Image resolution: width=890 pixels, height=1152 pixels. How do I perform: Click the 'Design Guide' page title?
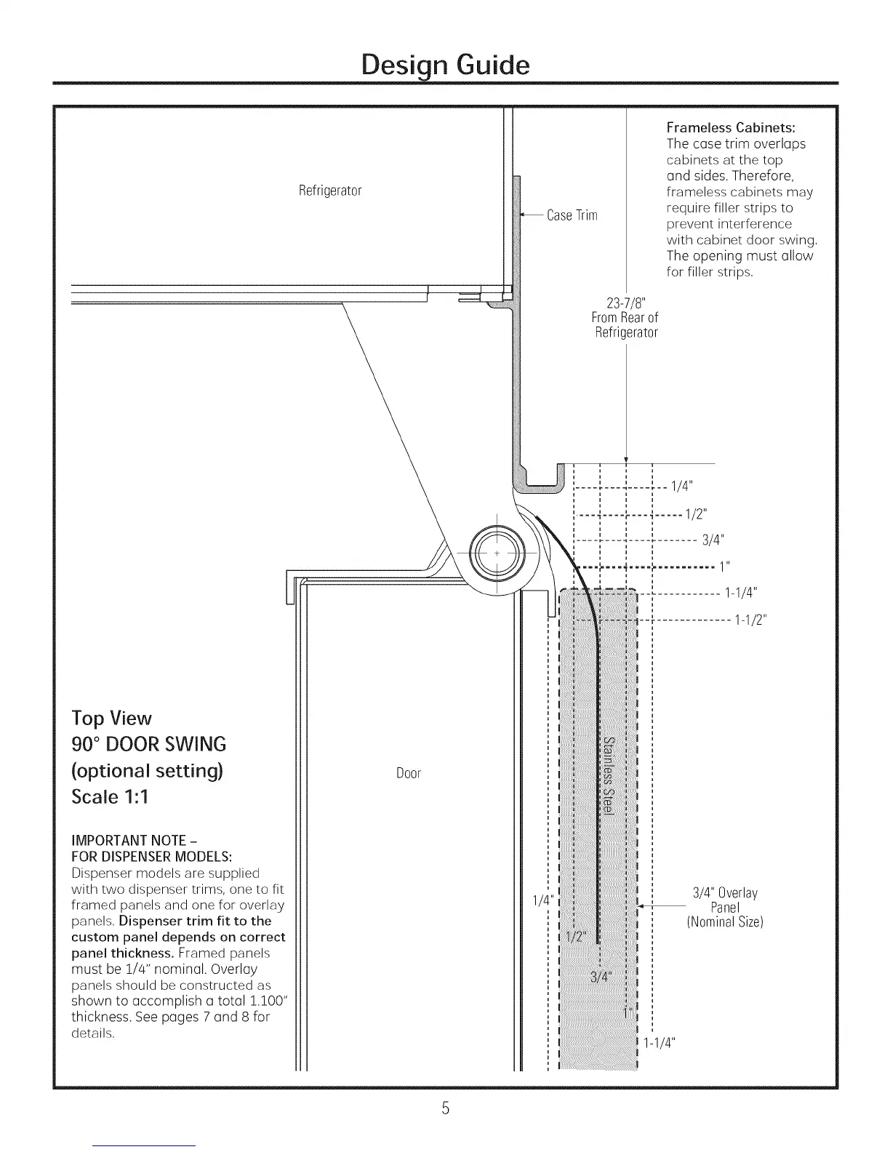pyautogui.click(x=445, y=65)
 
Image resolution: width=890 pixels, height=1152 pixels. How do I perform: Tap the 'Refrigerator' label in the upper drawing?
pyautogui.click(x=330, y=191)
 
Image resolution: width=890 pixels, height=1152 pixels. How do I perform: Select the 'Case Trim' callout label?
pyautogui.click(x=572, y=215)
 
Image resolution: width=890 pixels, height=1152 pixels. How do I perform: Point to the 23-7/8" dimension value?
pyautogui.click(x=625, y=303)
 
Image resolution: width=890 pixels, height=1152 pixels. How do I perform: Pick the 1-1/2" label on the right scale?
pyautogui.click(x=750, y=620)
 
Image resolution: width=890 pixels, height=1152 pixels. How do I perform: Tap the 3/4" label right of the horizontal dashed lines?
pyautogui.click(x=713, y=540)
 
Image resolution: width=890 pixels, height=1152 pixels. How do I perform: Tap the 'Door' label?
pyautogui.click(x=409, y=773)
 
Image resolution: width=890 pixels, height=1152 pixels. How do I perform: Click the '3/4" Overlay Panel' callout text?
pyautogui.click(x=724, y=907)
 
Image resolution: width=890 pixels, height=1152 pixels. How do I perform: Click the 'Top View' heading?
pyautogui.click(x=111, y=719)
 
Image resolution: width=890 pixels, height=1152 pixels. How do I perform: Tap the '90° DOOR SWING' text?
pyautogui.click(x=148, y=744)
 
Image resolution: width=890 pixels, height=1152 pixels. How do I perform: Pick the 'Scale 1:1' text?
pyautogui.click(x=109, y=796)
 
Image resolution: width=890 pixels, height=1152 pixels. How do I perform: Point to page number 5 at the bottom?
pyautogui.click(x=445, y=1108)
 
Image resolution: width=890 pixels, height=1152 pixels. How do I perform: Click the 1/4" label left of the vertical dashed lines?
pyautogui.click(x=542, y=900)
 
